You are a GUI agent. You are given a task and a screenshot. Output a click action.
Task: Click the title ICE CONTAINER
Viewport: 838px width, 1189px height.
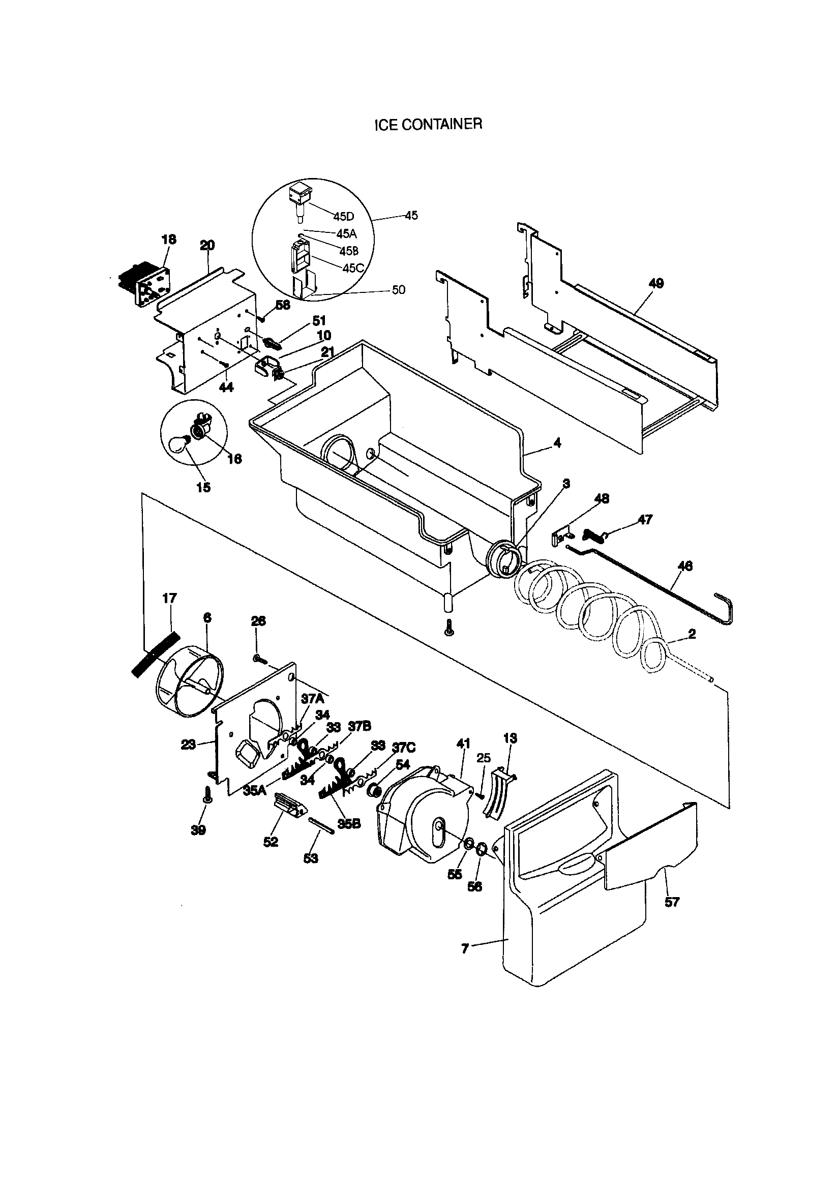pyautogui.click(x=428, y=125)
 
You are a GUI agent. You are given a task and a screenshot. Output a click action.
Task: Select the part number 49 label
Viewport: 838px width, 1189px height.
pyautogui.click(x=655, y=283)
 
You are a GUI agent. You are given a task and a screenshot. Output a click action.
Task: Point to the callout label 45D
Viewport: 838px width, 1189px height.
pyautogui.click(x=343, y=217)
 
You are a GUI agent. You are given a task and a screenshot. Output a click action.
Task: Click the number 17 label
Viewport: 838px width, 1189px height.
pyautogui.click(x=169, y=598)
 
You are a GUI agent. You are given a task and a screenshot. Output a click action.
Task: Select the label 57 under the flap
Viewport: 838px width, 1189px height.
pyautogui.click(x=671, y=902)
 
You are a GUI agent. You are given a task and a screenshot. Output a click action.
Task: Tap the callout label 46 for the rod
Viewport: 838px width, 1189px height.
pyautogui.click(x=685, y=566)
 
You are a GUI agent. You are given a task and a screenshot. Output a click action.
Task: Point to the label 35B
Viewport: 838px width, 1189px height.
pyautogui.click(x=348, y=824)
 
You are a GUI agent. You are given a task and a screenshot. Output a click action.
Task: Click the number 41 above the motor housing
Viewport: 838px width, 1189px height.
pyautogui.click(x=463, y=744)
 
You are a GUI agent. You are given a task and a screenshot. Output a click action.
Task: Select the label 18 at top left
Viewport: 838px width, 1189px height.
pyautogui.click(x=169, y=239)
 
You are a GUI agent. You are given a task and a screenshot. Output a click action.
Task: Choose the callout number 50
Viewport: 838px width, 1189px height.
pyautogui.click(x=398, y=290)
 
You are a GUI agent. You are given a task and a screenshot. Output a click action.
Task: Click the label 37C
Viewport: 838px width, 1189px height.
pyautogui.click(x=403, y=747)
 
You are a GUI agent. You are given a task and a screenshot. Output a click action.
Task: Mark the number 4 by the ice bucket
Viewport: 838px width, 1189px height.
pyautogui.click(x=557, y=443)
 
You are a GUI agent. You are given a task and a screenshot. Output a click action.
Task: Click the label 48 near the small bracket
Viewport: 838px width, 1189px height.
pyautogui.click(x=602, y=499)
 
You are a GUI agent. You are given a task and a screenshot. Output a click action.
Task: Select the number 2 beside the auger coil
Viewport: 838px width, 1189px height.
pyautogui.click(x=692, y=634)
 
